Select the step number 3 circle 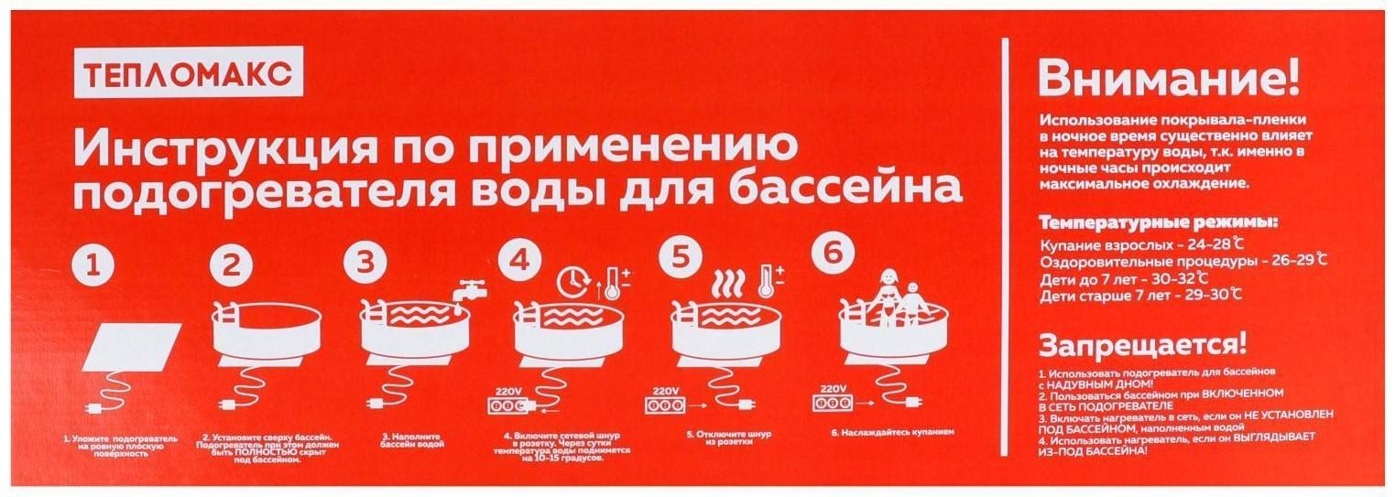click(365, 263)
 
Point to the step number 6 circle click(832, 255)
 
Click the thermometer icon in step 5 click(768, 280)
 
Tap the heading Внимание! click(1168, 81)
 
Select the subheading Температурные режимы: click(1158, 223)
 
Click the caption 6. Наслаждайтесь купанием click(892, 430)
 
